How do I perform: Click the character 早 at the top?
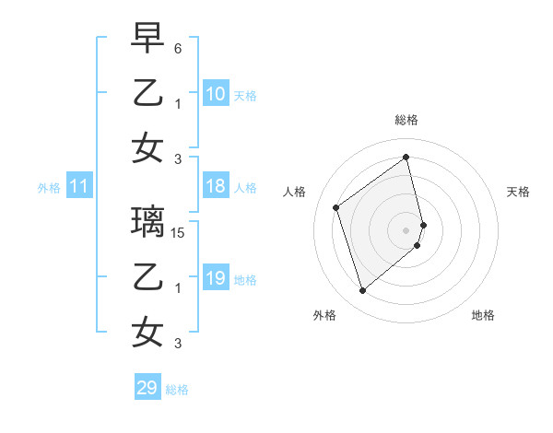coord(148,38)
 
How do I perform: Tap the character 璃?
coord(148,222)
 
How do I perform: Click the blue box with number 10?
coord(215,94)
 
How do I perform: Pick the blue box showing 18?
coord(215,187)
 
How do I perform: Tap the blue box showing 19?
coord(215,279)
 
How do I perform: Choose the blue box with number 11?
coord(79,187)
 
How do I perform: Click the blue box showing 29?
coord(147,388)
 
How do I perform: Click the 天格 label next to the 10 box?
coord(245,95)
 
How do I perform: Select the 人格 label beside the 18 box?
coord(245,188)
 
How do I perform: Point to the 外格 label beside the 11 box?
coord(49,188)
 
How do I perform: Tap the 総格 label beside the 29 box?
coord(178,389)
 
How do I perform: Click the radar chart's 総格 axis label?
coord(406,120)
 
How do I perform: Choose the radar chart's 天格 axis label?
coord(519,192)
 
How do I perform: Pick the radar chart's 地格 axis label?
coord(483,315)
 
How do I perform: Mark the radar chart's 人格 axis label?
coord(295,192)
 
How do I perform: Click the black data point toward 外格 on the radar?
coord(362,291)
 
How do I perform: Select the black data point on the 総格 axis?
coord(406,157)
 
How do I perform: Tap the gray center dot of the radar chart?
coord(406,228)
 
